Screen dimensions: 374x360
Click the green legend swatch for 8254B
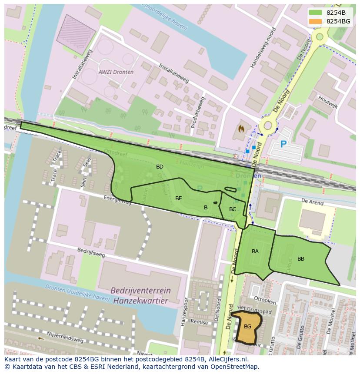tap(316, 13)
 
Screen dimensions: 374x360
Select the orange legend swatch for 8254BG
tap(316, 21)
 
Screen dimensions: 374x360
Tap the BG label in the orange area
tap(247, 327)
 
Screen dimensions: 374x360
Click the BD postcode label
tap(160, 167)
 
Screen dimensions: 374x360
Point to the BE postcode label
tap(178, 199)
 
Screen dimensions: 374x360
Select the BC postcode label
tap(233, 209)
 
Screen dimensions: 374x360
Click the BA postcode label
tap(255, 252)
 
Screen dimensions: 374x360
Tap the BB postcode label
tap(301, 259)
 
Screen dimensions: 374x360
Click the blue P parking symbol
tap(283, 144)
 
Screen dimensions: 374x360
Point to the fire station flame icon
tap(241, 129)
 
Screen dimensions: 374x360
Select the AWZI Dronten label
tap(116, 72)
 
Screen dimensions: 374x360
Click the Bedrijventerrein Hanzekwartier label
tap(140, 295)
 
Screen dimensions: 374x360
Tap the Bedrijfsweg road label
tap(91, 253)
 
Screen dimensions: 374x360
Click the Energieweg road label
tap(117, 199)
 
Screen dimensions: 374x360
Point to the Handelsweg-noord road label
tap(263, 48)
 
